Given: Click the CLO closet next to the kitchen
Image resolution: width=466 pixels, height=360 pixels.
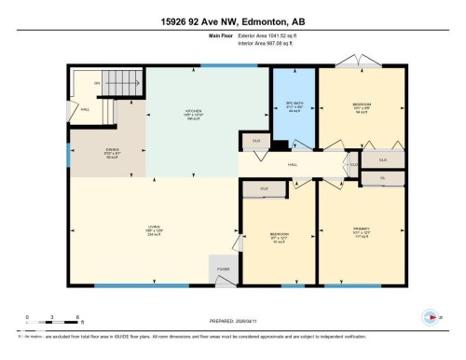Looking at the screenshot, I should click(x=254, y=141).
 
